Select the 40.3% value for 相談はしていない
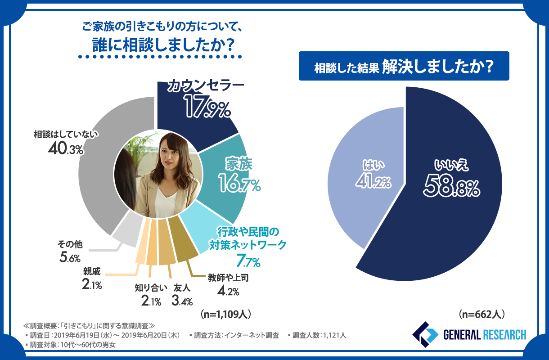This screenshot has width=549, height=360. (66, 149)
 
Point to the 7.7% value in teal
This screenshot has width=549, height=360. (248, 260)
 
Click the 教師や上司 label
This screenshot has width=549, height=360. (228, 278)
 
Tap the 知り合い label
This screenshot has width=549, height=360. (151, 288)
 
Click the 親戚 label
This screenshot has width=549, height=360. (92, 271)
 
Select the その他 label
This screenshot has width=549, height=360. (70, 244)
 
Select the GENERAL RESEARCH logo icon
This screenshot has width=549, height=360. (425, 334)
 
